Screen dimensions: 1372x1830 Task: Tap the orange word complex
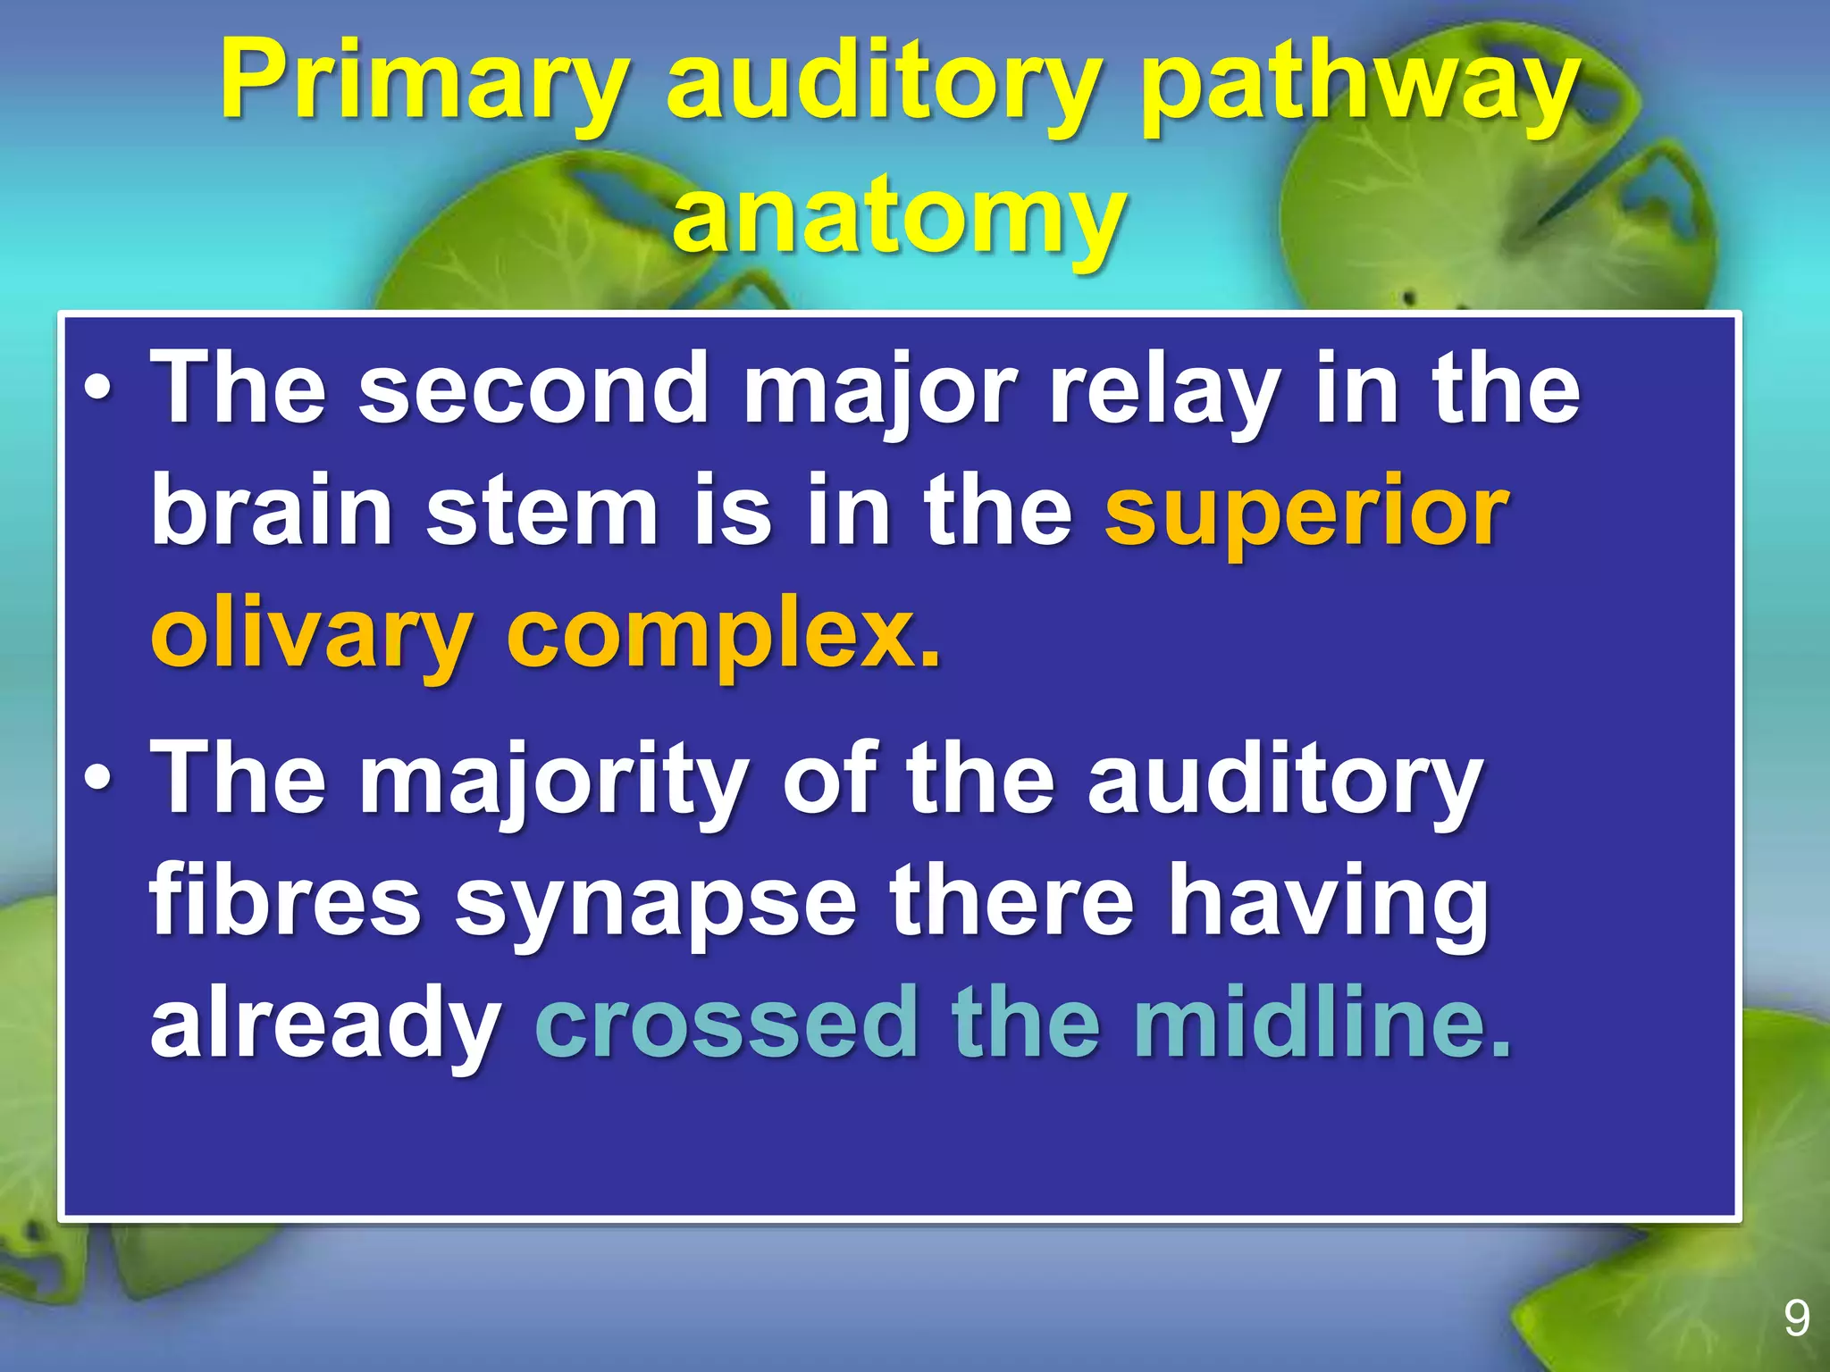point(724,636)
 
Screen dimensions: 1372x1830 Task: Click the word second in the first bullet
point(533,388)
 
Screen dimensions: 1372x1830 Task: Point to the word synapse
point(656,902)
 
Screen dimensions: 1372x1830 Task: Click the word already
point(325,1024)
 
